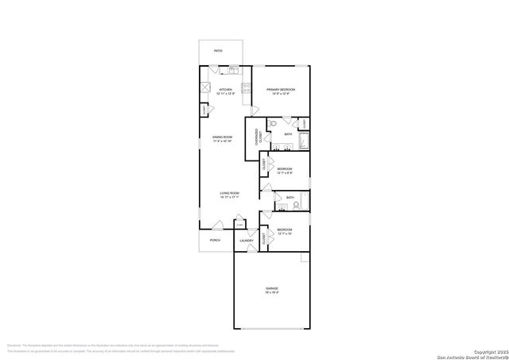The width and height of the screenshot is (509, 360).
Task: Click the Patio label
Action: click(x=218, y=51)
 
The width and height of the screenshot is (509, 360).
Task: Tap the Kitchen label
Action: click(x=226, y=90)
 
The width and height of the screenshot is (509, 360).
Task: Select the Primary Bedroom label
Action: click(x=281, y=90)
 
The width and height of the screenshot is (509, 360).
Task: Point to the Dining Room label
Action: click(x=222, y=137)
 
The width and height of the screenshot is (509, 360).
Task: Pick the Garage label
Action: click(x=272, y=288)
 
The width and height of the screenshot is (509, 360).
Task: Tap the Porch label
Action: click(x=215, y=240)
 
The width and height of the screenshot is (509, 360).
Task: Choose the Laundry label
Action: click(x=247, y=240)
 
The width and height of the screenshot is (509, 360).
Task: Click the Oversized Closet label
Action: click(x=257, y=136)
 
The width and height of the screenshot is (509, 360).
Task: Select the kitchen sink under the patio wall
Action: click(x=235, y=70)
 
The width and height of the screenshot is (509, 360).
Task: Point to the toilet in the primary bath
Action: click(x=272, y=124)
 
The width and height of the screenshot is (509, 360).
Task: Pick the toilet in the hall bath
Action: click(x=295, y=204)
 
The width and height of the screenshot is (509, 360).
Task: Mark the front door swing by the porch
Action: click(x=217, y=227)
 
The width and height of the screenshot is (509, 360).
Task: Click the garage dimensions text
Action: click(x=272, y=292)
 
